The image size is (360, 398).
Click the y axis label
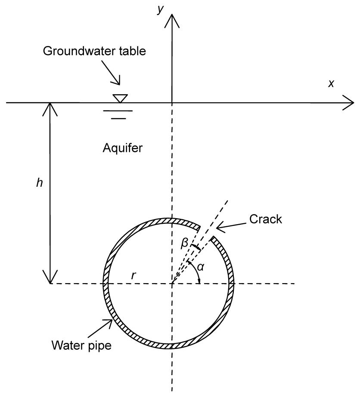click(x=161, y=9)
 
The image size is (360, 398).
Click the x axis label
click(x=331, y=83)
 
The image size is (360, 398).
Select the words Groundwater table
click(x=94, y=51)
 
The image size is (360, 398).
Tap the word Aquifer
click(x=123, y=148)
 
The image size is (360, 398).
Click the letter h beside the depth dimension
click(x=40, y=183)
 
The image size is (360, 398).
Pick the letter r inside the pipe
click(x=134, y=276)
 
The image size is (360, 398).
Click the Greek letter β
click(x=184, y=244)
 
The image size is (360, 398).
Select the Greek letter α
click(x=200, y=267)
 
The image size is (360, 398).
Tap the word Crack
click(x=266, y=219)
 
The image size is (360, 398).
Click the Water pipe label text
click(x=81, y=345)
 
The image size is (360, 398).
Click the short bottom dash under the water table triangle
click(x=118, y=117)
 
